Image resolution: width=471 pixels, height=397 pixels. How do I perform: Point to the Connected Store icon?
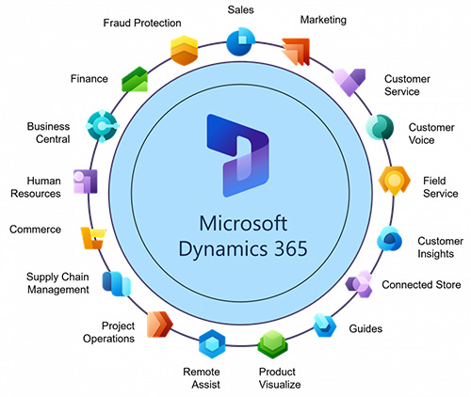(x=360, y=283)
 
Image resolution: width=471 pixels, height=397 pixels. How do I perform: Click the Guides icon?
(x=323, y=326)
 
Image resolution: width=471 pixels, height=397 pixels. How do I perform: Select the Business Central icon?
(x=100, y=124)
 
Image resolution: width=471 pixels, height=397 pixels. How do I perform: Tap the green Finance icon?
(x=135, y=80)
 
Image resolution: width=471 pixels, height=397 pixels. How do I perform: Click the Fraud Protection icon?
(x=184, y=49)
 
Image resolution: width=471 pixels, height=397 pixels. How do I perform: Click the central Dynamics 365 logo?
(x=241, y=151)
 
